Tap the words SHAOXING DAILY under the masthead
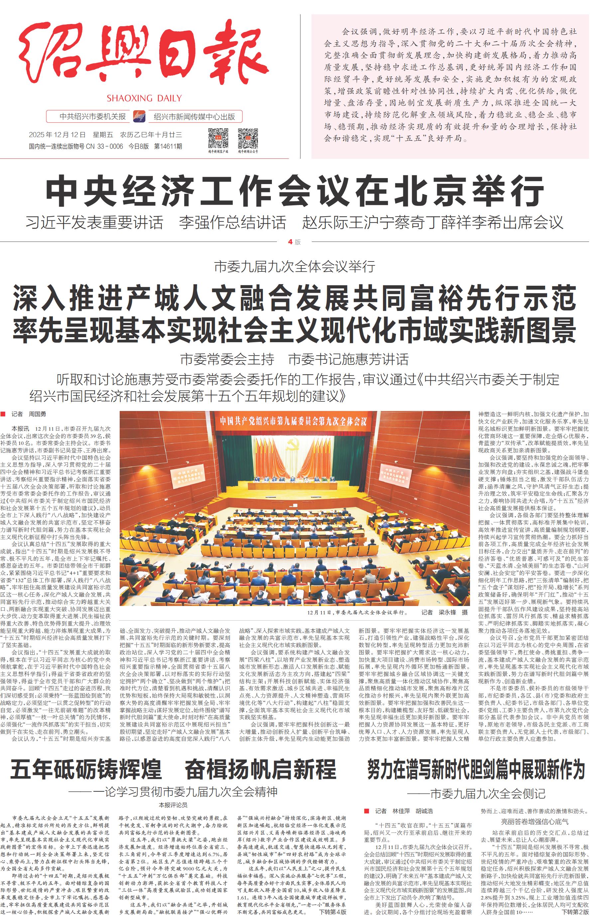pos(144,98)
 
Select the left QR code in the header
pos(218,138)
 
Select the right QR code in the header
pos(248,138)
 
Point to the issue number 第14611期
pos(168,146)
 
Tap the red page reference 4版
pos(294,242)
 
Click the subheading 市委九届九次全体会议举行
pos(294,266)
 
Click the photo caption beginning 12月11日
pos(357,612)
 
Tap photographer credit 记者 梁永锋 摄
pos(444,612)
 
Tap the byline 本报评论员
pos(173,805)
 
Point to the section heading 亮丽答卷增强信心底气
pos(535,821)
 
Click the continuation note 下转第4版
pos(332,912)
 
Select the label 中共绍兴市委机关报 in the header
pos(92,116)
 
